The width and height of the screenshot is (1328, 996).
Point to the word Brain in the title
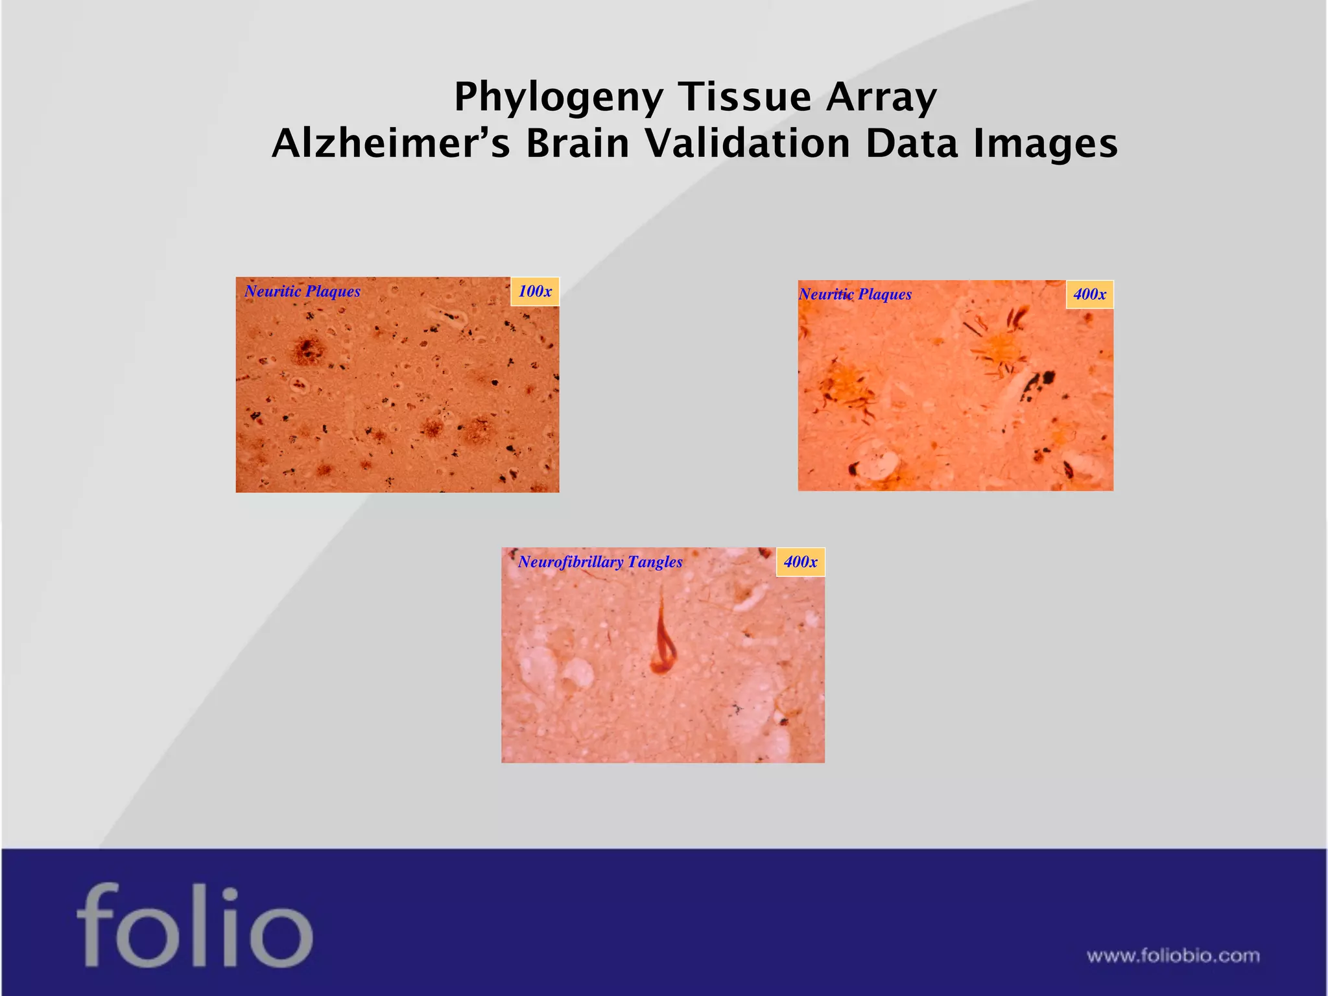[577, 143]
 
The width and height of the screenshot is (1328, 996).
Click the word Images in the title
[1045, 143]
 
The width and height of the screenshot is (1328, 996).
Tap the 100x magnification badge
[535, 291]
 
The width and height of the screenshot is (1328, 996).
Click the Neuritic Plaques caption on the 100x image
[302, 291]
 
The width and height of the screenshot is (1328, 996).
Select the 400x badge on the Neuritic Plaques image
[1089, 294]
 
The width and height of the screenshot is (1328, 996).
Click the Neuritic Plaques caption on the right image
[855, 294]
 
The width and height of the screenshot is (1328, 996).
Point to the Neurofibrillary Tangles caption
[600, 562]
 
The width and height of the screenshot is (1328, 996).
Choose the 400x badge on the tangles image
[800, 562]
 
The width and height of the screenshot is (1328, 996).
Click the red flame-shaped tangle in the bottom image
[662, 642]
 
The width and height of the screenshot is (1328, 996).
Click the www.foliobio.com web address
[1173, 956]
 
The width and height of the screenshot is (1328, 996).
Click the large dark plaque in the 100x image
[307, 350]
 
